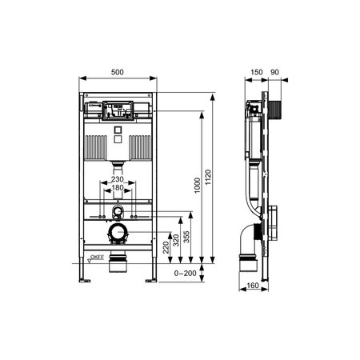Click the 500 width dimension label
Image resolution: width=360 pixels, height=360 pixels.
pos(118,72)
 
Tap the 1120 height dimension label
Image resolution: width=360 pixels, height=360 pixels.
pos(208,178)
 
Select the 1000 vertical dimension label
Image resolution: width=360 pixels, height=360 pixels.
pos(197,186)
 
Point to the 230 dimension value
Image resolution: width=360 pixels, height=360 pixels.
pos(118,179)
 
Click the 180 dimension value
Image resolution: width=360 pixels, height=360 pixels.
pos(118,188)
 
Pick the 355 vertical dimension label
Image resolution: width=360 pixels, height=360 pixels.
pos(187,237)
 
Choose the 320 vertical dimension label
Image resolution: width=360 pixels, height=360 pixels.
pos(176,240)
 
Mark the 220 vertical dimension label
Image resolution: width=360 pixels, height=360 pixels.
pos(166,247)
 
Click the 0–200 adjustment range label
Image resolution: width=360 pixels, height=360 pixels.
pos(185,274)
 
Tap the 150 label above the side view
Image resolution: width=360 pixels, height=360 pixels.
pos(257,72)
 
